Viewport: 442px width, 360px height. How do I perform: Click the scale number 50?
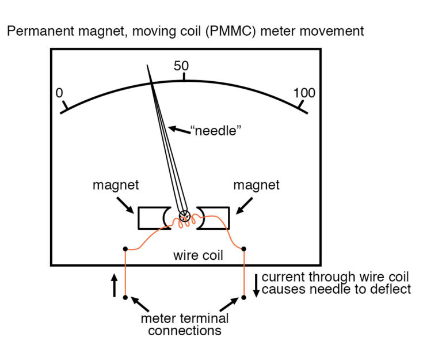(x=181, y=66)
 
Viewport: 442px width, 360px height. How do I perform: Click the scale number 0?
(x=59, y=93)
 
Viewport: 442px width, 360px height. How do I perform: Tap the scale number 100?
(x=304, y=93)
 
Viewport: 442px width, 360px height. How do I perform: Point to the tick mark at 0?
(x=66, y=105)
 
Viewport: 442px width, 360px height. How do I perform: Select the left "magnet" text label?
(x=115, y=185)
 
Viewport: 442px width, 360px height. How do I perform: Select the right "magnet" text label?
(x=256, y=185)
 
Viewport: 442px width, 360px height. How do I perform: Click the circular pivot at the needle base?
(x=184, y=217)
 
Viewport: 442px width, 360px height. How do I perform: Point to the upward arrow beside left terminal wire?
(x=114, y=284)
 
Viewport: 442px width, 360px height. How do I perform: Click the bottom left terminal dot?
(x=125, y=298)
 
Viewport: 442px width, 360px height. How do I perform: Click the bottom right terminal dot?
(x=244, y=298)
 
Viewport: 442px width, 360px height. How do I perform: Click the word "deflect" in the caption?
(x=391, y=289)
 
